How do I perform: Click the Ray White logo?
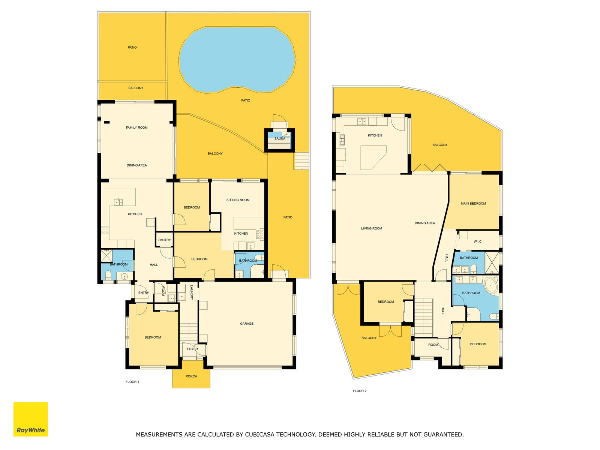[31, 419]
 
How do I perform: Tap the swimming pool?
[237, 59]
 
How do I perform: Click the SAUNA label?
[280, 138]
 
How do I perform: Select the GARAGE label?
[246, 324]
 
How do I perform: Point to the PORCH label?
[191, 376]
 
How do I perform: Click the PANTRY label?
[165, 240]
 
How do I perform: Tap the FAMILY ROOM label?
[136, 127]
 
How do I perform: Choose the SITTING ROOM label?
[238, 200]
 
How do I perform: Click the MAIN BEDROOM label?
[473, 204]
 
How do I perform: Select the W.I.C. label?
[478, 241]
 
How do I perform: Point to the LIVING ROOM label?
[372, 228]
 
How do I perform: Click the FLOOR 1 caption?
[132, 382]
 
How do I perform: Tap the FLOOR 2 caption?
[360, 391]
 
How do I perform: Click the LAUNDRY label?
[192, 292]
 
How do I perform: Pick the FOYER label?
[192, 349]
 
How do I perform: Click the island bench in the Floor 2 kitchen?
[373, 158]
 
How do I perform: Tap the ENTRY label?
[144, 292]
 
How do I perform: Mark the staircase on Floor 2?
[424, 318]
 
